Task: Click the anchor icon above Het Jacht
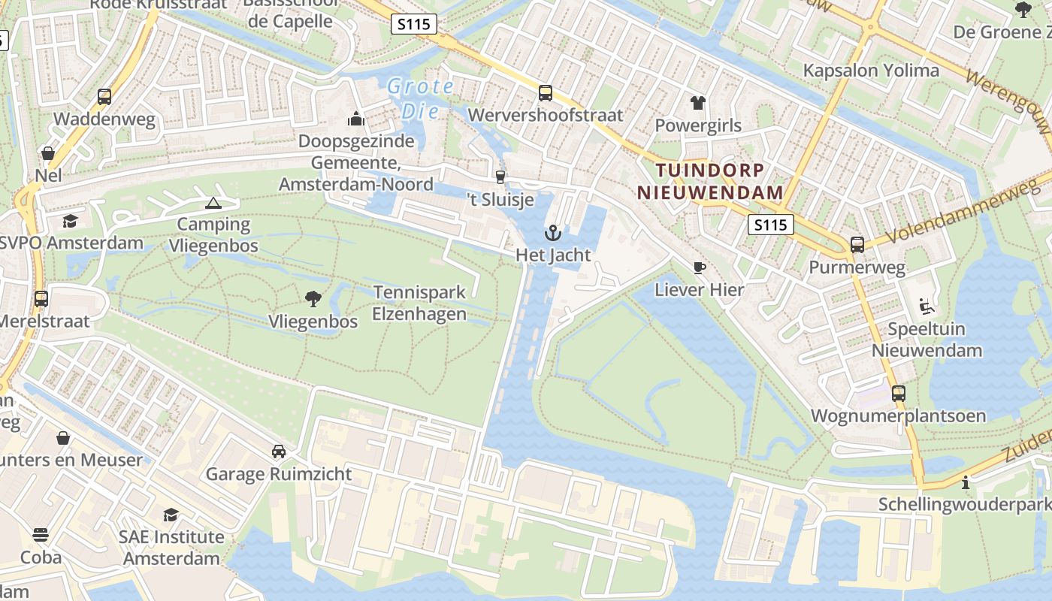click(x=553, y=233)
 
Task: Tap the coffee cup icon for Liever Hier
click(x=700, y=267)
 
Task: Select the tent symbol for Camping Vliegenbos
click(x=213, y=203)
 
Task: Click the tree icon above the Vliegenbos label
click(x=313, y=299)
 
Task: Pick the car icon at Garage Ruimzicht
click(x=279, y=452)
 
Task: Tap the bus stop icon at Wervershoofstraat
click(x=546, y=93)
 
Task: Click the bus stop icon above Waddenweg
click(x=104, y=97)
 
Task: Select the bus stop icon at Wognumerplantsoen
click(x=898, y=393)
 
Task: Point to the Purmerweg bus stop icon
click(x=857, y=245)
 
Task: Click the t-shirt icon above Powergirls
click(x=698, y=103)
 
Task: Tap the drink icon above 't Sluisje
click(x=500, y=177)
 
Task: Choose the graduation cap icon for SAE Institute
click(x=171, y=515)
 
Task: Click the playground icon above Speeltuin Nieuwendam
click(x=927, y=307)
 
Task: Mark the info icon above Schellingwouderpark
click(x=966, y=482)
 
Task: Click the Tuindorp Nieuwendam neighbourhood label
click(x=710, y=181)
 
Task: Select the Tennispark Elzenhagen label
click(x=419, y=304)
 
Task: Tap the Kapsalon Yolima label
click(x=871, y=71)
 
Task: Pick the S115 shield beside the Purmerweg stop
click(x=771, y=224)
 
